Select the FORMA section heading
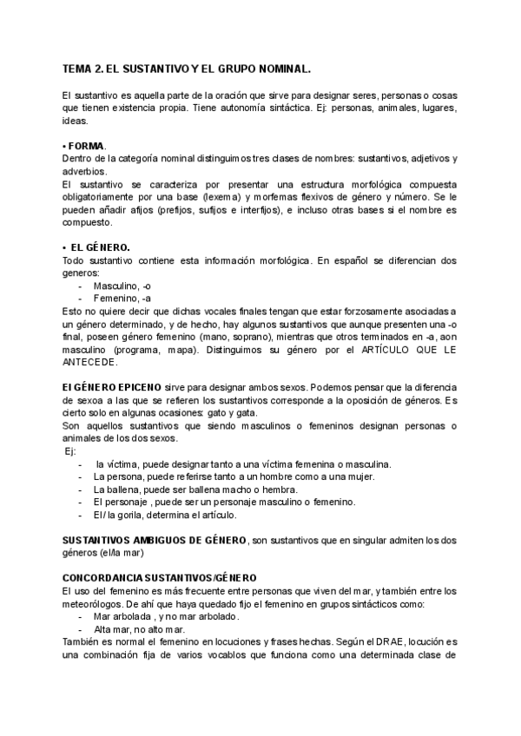pos(84,146)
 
